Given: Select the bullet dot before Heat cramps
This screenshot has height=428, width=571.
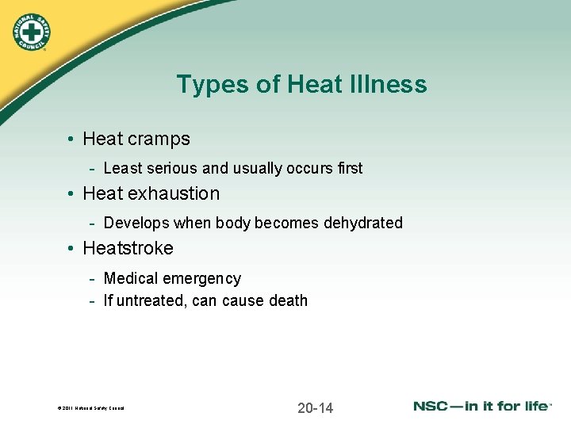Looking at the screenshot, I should point(71,139).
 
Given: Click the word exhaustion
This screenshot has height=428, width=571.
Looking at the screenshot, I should point(175,193).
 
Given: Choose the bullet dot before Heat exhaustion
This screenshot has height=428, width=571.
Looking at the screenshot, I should point(71,194).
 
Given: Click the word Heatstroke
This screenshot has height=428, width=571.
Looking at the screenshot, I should point(128,248).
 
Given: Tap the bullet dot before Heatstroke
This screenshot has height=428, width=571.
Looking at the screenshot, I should point(71,249).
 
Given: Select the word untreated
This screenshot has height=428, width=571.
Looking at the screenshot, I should point(151,300).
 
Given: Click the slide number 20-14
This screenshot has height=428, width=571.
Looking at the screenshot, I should point(316,408).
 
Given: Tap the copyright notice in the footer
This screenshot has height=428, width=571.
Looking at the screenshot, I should point(90,409).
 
